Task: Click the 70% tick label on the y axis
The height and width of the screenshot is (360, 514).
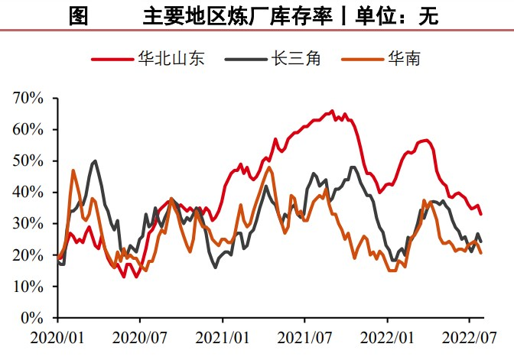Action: pos(28,98)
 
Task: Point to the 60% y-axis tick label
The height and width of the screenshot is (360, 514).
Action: pos(28,129)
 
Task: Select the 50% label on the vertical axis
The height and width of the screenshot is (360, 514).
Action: pos(28,161)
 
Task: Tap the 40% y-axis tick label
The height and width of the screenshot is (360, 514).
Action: pos(28,192)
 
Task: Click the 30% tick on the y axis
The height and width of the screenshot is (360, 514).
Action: pos(28,223)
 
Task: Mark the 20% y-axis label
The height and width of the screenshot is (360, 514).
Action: pos(28,255)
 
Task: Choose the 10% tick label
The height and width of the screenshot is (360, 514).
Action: pos(28,286)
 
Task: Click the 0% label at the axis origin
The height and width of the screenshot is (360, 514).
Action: pos(31,317)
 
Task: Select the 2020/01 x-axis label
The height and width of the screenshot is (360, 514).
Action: pos(57,336)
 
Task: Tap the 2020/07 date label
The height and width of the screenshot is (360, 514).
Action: pos(139,336)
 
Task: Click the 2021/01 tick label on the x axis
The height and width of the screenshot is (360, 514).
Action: pos(222,336)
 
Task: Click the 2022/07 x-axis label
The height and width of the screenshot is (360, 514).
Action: pos(469,336)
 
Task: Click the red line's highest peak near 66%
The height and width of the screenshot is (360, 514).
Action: pos(332,111)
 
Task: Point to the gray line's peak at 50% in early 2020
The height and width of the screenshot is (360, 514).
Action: pos(95,161)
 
